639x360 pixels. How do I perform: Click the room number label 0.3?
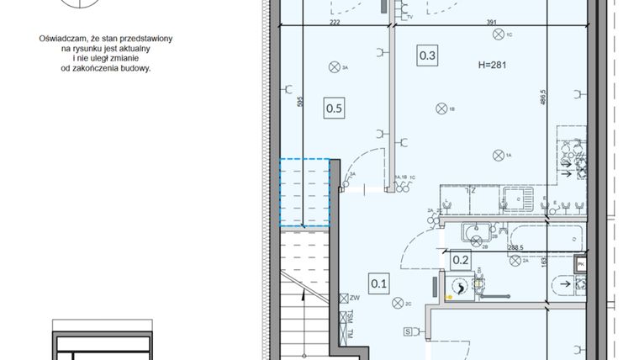point(427,56)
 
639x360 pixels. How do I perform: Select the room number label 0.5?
point(334,108)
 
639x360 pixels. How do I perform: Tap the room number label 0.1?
point(378,283)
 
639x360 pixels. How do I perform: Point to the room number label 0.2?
point(461,261)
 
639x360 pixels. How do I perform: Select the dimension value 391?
point(488,24)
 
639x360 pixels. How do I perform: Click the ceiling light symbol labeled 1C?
point(499,34)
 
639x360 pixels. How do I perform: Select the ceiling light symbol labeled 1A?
point(499,154)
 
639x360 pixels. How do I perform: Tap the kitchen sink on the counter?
point(514,199)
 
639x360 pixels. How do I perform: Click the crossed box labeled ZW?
point(343,297)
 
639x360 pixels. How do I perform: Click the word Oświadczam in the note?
point(65,39)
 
